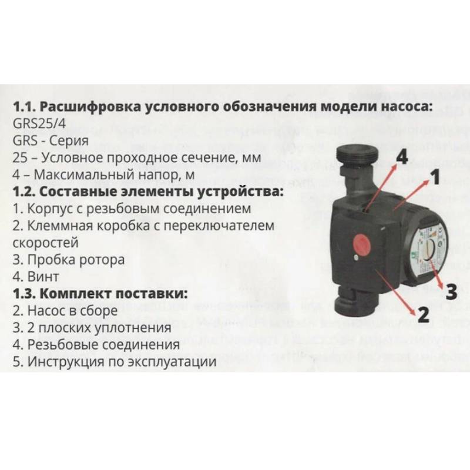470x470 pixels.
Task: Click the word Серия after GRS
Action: pos(69,142)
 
